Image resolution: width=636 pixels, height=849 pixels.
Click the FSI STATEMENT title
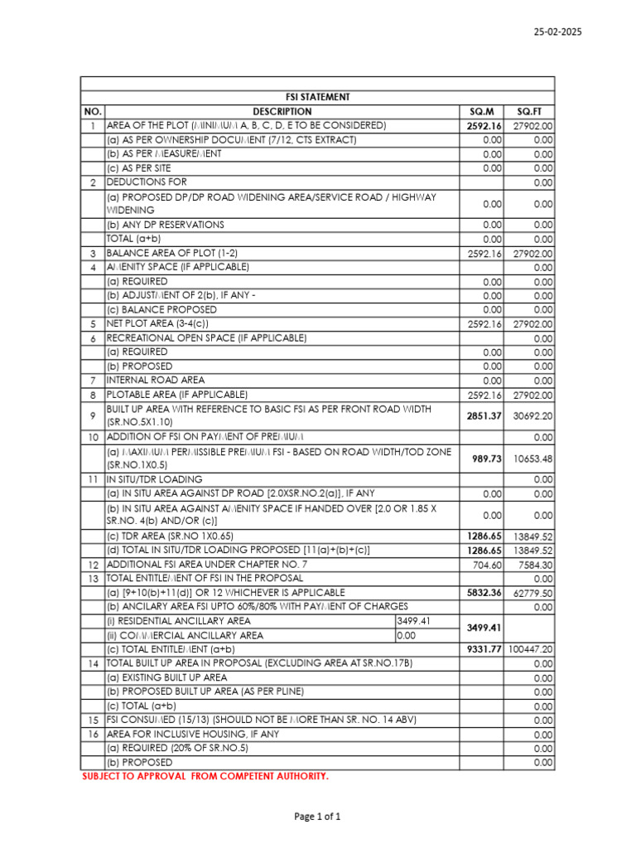pyautogui.click(x=317, y=97)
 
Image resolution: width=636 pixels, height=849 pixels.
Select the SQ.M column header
pyautogui.click(x=481, y=111)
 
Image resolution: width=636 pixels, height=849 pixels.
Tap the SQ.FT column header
pyautogui.click(x=529, y=111)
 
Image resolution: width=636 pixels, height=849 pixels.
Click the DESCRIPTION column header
pyautogui.click(x=282, y=111)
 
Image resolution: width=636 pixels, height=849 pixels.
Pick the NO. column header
pyautogui.click(x=92, y=111)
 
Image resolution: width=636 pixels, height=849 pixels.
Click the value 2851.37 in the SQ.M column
pyautogui.click(x=484, y=415)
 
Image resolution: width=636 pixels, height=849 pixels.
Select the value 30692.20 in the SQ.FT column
pyautogui.click(x=532, y=415)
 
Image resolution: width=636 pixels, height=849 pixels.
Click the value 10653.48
pyautogui.click(x=532, y=458)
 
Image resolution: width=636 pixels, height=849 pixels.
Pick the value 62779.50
pyautogui.click(x=532, y=593)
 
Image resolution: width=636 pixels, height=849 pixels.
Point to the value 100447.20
pyautogui.click(x=531, y=649)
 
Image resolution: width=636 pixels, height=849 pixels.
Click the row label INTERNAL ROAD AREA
pyautogui.click(x=156, y=380)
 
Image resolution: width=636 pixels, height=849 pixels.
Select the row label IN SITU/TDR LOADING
pyautogui.click(x=154, y=479)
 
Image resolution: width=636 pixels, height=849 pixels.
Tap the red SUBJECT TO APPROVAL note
pyautogui.click(x=205, y=776)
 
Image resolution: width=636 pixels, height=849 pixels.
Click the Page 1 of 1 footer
pyautogui.click(x=317, y=817)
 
